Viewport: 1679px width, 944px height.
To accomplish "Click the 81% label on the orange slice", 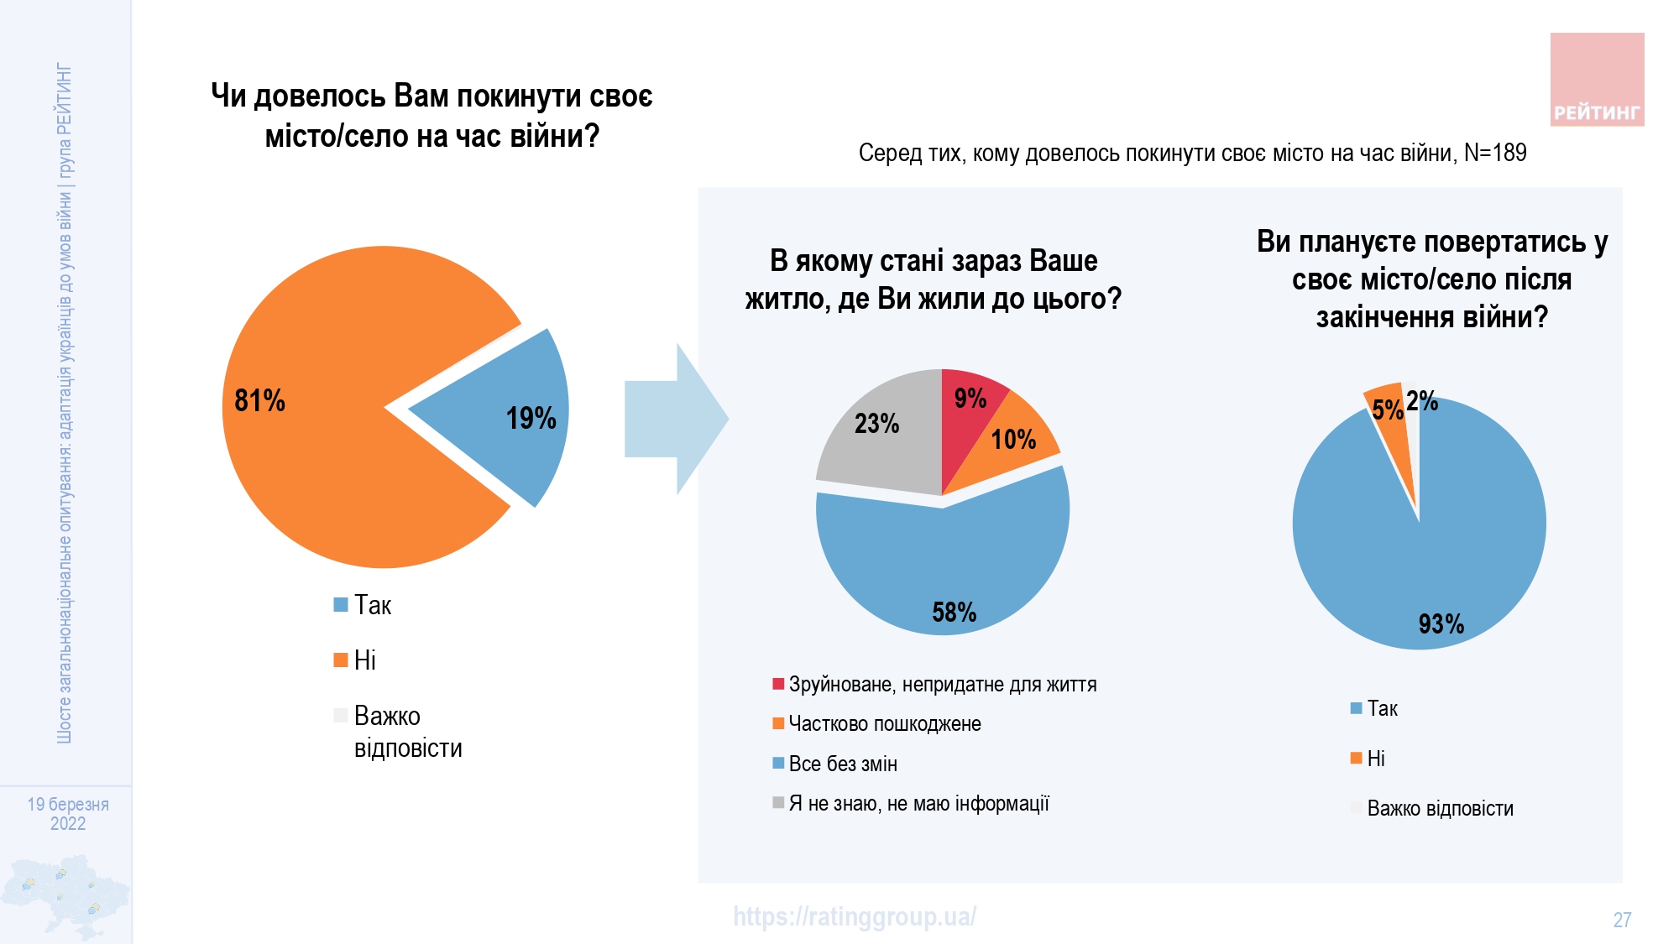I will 259,400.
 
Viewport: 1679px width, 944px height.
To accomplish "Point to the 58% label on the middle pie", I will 954,613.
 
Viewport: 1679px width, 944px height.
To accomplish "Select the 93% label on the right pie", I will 1441,623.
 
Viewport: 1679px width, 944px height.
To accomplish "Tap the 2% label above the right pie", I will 1422,401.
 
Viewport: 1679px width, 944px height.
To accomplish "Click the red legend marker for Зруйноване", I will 778,684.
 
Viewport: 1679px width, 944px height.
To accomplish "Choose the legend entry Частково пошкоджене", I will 884,724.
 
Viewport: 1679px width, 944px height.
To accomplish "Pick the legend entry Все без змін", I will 842,764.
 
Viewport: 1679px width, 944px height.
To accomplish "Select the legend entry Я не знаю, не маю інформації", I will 918,804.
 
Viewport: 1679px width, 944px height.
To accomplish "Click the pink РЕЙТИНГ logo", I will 1597,80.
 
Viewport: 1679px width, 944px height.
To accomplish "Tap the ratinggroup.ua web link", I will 854,916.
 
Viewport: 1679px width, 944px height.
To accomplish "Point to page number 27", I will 1622,921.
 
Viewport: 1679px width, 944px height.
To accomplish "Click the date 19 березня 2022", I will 68,814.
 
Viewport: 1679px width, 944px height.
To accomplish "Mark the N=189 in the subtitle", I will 1495,153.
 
